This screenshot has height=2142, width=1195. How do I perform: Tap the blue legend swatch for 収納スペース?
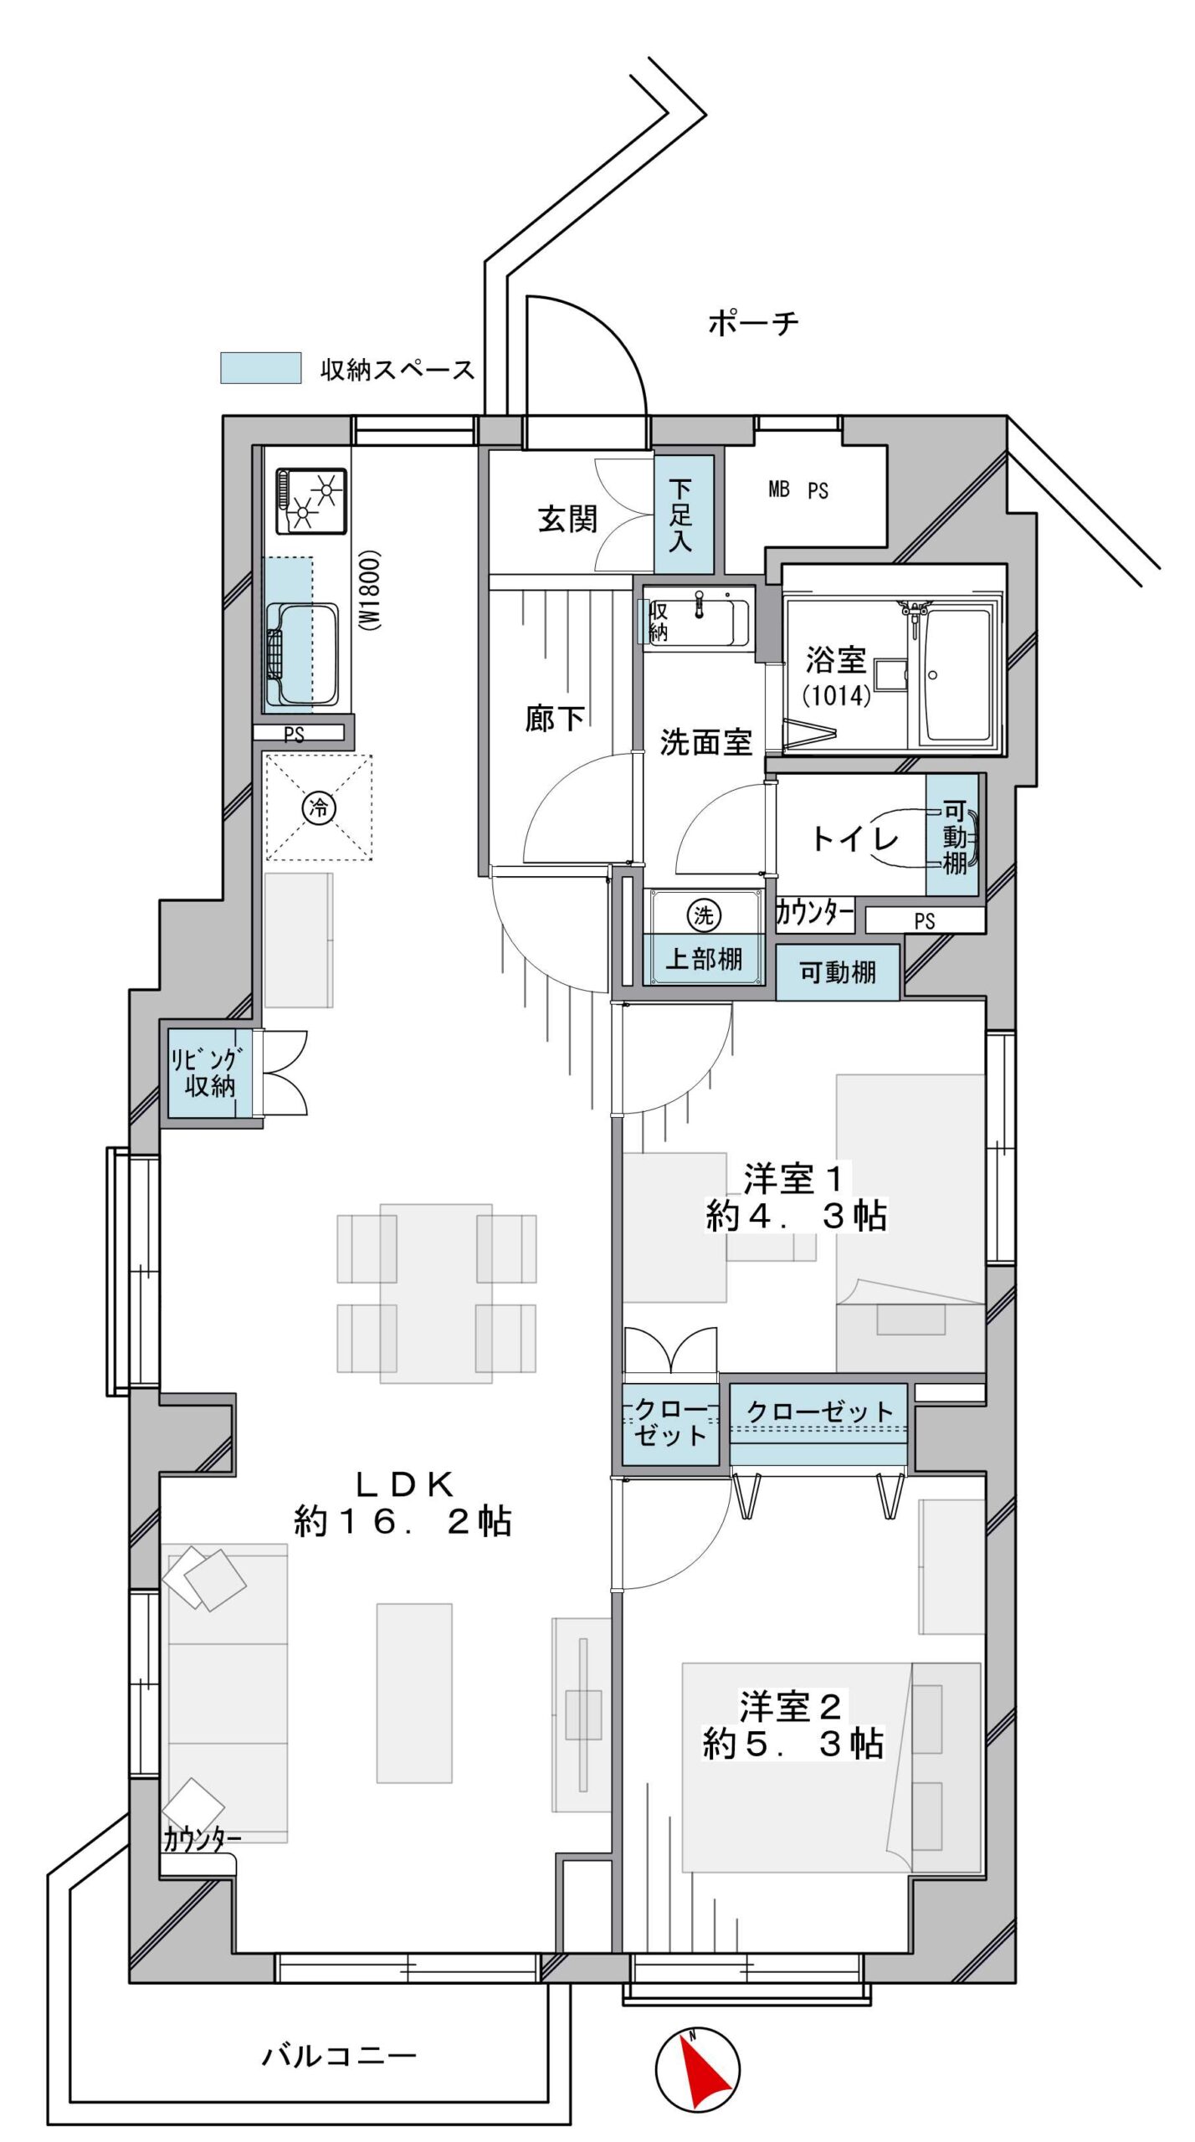click(260, 368)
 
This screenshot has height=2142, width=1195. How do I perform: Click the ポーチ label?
click(753, 322)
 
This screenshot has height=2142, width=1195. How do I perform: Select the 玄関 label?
click(567, 520)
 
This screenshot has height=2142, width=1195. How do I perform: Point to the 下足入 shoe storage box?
click(684, 514)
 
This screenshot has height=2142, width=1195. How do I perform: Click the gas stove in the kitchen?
click(311, 500)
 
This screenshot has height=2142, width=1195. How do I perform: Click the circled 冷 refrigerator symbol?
click(319, 807)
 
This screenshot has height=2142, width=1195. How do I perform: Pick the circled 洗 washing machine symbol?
click(704, 915)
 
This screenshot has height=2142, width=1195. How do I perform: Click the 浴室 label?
click(835, 660)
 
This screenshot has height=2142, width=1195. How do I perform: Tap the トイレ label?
click(854, 838)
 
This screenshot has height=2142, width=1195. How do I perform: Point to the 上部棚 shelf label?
click(704, 958)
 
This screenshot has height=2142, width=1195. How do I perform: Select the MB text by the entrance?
click(779, 489)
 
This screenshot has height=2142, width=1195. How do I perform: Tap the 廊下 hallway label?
click(554, 718)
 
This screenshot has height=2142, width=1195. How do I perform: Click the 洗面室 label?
click(705, 742)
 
